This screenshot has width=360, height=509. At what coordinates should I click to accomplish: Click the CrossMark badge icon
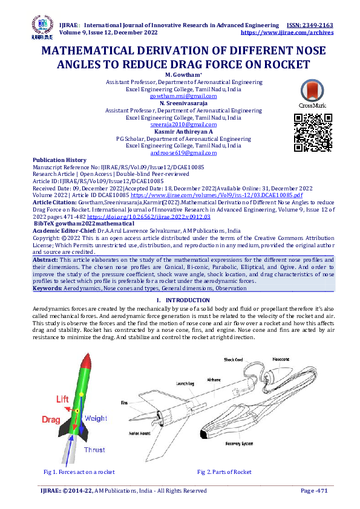[x=312, y=93]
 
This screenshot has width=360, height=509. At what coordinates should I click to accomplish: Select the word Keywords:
[x=47, y=289]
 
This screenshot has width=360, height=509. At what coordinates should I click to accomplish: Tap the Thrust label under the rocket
[x=94, y=450]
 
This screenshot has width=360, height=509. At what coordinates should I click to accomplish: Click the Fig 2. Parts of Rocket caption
[x=224, y=472]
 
